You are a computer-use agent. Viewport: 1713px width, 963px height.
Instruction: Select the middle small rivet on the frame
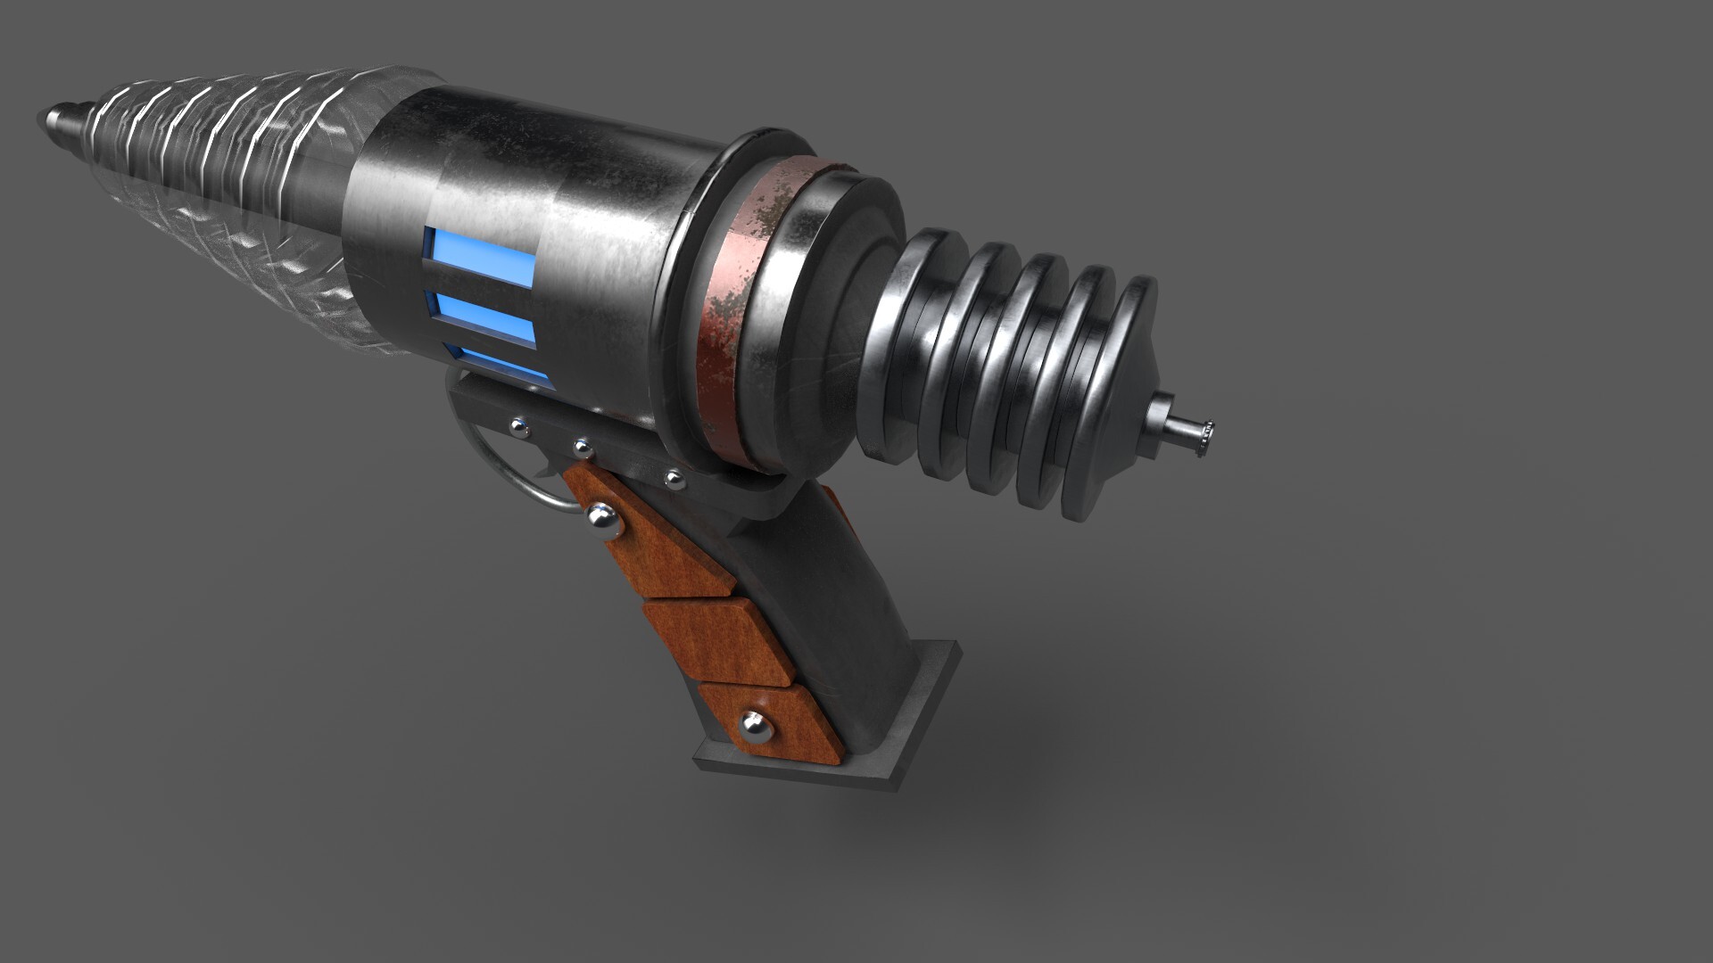click(x=582, y=445)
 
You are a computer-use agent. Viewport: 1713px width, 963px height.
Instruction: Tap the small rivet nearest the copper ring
click(x=674, y=480)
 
